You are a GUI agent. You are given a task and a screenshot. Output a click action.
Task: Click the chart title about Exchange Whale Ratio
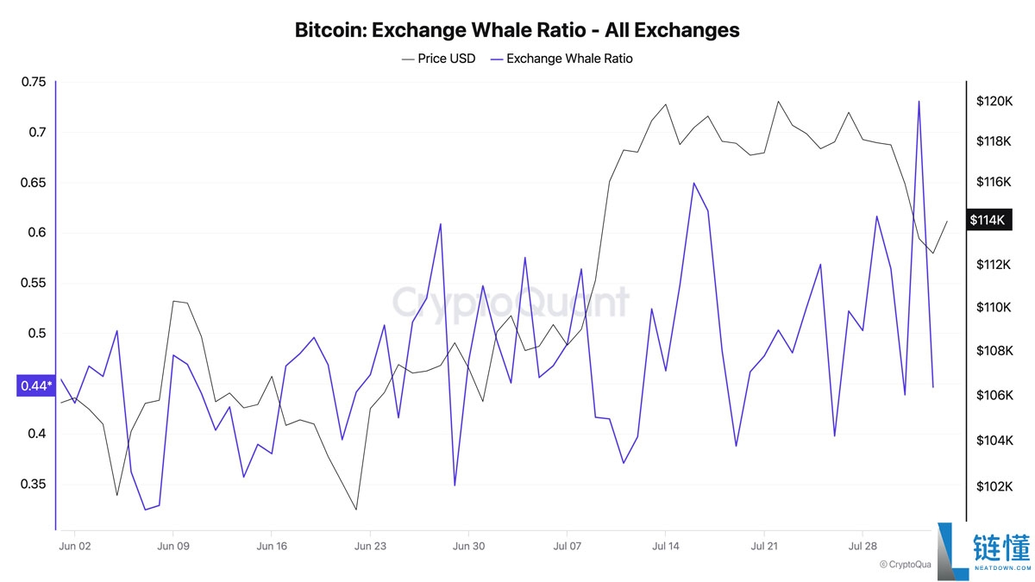pos(517,30)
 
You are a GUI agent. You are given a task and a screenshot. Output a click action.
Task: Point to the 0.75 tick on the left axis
pos(34,82)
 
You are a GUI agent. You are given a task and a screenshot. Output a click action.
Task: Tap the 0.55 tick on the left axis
pos(34,283)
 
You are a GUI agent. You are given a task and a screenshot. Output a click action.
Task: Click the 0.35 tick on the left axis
pos(34,485)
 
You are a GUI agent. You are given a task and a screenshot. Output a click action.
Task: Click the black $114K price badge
pos(988,220)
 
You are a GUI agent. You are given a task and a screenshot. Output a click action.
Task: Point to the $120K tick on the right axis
pos(994,101)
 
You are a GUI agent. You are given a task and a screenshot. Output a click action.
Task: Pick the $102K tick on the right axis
pos(994,486)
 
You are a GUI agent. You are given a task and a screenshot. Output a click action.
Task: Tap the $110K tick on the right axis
pos(994,308)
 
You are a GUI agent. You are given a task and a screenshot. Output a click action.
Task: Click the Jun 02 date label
pos(74,546)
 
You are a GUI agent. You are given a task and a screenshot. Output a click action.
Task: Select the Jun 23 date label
pos(369,546)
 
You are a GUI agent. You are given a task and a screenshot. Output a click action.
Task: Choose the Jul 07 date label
pos(566,546)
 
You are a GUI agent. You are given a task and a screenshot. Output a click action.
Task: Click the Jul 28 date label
pos(862,546)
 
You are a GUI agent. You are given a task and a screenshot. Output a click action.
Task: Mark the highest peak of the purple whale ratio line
pos(919,102)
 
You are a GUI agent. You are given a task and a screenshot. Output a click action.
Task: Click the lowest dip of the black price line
pos(356,510)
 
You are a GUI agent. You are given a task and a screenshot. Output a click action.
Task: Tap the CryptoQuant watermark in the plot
pos(511,304)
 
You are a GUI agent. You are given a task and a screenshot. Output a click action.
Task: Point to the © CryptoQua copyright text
pos(906,565)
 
